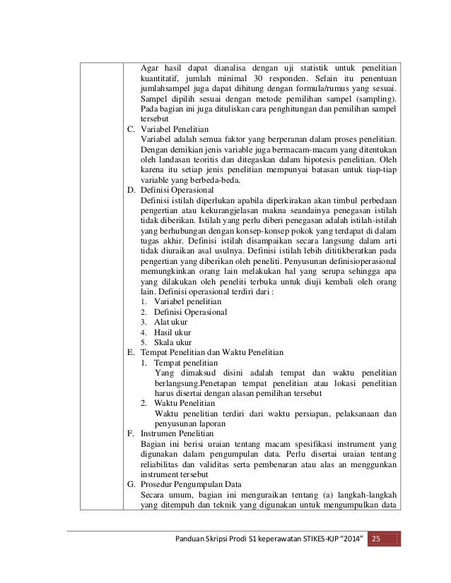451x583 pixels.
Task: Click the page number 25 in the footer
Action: point(376,540)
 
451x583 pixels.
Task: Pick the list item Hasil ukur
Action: point(172,332)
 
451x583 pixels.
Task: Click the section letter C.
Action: point(131,130)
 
